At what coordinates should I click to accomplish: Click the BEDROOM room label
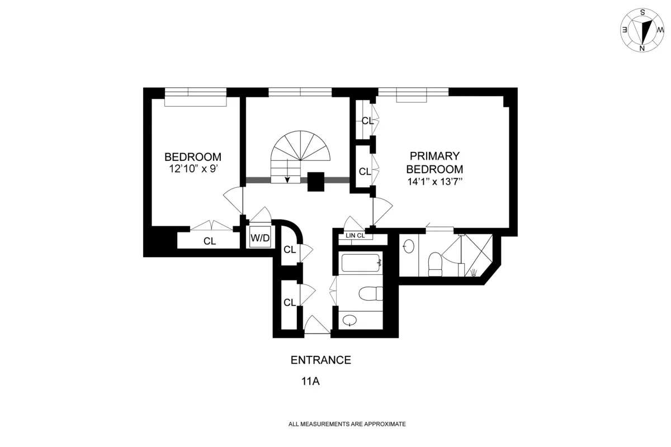tap(192, 157)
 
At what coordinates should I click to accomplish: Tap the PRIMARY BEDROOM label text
tap(434, 163)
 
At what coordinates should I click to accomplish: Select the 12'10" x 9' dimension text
tap(192, 169)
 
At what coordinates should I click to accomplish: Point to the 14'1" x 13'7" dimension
tap(434, 181)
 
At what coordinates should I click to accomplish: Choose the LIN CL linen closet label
tap(356, 236)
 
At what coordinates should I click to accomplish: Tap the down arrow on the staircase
tap(288, 178)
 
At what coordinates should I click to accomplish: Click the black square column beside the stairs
tap(316, 181)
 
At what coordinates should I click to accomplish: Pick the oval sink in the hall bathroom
tap(350, 321)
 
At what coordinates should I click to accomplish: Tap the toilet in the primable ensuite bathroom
tap(435, 264)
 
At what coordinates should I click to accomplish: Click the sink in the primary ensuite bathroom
tap(409, 246)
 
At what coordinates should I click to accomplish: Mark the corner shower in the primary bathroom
tap(476, 254)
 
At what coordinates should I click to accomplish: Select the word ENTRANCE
tap(321, 360)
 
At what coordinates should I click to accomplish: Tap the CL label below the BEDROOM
tap(210, 241)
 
